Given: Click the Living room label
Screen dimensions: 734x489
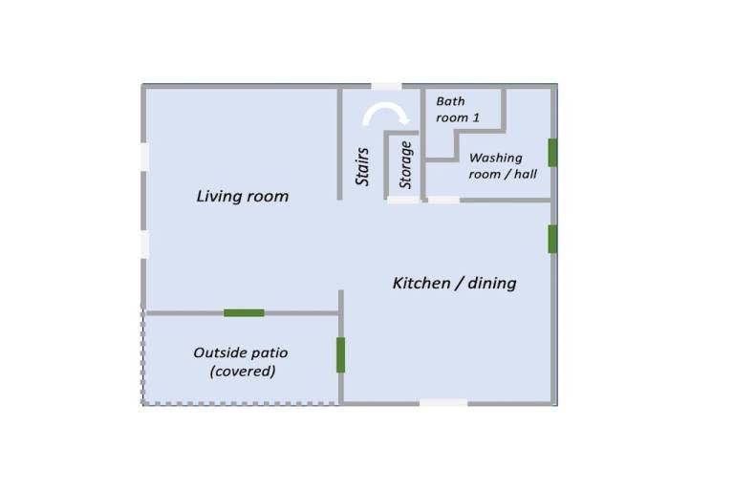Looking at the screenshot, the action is tap(243, 196).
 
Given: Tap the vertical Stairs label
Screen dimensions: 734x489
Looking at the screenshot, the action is tap(362, 166).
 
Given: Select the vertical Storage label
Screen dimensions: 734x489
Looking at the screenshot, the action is tap(405, 165).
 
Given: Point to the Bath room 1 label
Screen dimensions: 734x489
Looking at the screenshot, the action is tap(458, 110).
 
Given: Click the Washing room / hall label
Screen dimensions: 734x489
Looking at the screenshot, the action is tap(503, 166).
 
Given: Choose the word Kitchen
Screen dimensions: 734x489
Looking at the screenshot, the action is tap(421, 283).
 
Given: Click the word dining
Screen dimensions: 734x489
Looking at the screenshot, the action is tap(492, 283).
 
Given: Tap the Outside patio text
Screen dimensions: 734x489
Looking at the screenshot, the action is tap(241, 352).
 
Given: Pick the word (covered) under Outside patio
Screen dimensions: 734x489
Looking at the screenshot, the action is tap(243, 372).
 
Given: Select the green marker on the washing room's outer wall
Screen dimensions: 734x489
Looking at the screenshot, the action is tap(552, 153).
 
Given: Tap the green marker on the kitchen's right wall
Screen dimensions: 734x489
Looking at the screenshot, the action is tap(552, 239).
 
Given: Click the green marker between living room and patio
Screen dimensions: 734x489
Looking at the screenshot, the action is tap(244, 313).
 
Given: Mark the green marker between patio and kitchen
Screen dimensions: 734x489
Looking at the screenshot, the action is tap(341, 355).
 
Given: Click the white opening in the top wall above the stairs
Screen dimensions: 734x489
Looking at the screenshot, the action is tap(387, 87).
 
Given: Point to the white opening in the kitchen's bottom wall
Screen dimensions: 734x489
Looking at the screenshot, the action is tap(443, 402).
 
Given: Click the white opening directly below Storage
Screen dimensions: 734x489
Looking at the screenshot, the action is tap(403, 200).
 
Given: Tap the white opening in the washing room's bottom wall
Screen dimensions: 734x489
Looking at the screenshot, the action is tap(443, 200).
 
